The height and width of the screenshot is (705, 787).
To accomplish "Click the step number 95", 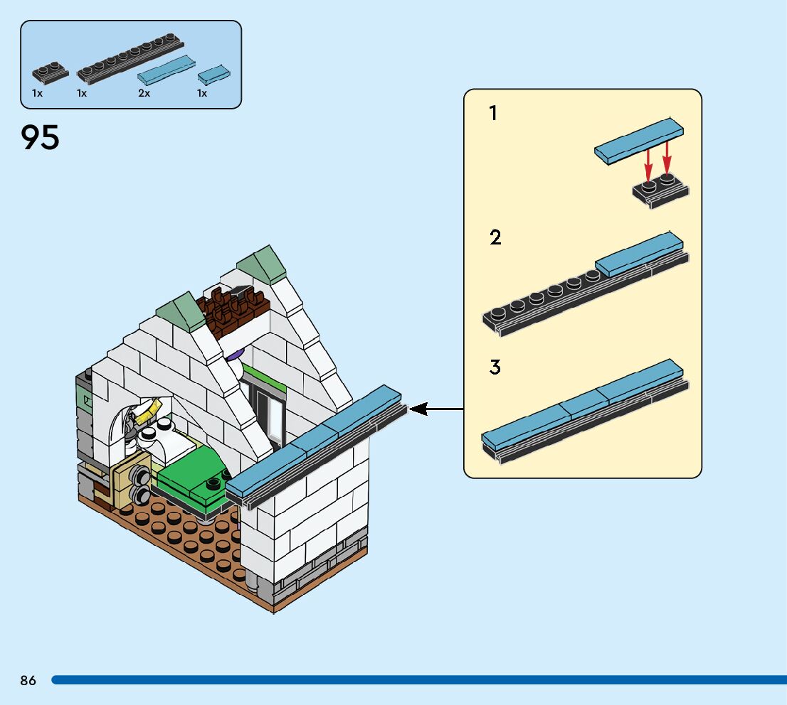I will (41, 137).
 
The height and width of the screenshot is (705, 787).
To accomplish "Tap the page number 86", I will (28, 680).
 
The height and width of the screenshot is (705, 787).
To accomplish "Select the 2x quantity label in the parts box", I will (144, 93).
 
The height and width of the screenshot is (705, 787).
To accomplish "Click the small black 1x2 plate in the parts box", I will (50, 71).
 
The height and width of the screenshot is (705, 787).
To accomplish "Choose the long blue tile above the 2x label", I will (167, 69).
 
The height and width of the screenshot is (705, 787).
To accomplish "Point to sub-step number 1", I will (493, 113).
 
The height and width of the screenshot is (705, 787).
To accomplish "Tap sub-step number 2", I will (495, 237).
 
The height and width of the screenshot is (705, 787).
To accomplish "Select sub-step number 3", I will (495, 367).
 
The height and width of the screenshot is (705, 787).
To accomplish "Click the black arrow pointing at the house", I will (435, 409).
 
